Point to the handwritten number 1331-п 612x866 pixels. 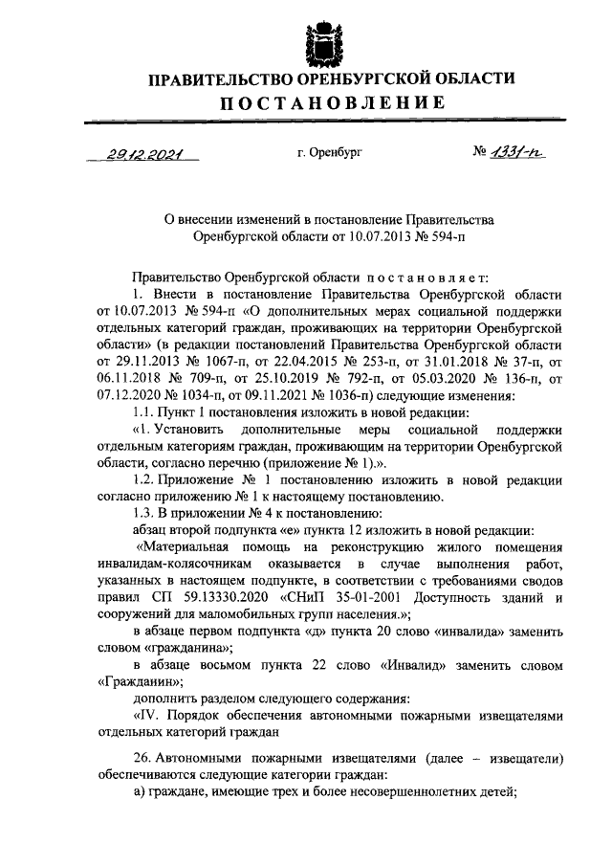[516, 152]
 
